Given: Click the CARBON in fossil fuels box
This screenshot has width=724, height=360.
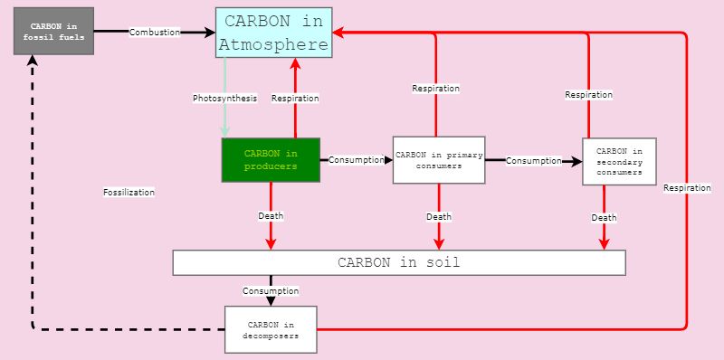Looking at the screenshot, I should click(52, 32).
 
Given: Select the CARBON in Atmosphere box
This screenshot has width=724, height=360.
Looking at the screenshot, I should click(273, 33).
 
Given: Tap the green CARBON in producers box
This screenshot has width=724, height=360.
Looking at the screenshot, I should click(271, 160).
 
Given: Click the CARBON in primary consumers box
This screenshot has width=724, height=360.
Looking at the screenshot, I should click(438, 160).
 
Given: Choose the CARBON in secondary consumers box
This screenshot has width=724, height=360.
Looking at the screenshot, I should click(619, 161).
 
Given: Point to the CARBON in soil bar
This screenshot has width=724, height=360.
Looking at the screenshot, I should click(399, 262).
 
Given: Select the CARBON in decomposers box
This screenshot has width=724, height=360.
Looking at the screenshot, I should click(271, 329).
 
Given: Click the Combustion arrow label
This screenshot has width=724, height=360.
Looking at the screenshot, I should click(155, 33).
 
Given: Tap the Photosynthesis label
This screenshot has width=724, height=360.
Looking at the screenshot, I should click(224, 98).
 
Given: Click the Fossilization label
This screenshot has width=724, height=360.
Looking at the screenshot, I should click(129, 192).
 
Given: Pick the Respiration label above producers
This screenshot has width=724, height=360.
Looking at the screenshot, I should click(295, 98).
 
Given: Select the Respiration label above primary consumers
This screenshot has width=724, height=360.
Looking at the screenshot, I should click(435, 89).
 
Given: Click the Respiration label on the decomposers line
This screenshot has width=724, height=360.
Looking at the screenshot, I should click(687, 188).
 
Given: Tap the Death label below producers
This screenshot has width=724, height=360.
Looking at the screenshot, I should click(271, 216).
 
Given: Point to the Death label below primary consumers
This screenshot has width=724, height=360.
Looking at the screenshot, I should click(439, 216).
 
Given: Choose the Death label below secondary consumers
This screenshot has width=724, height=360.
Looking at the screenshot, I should click(604, 217).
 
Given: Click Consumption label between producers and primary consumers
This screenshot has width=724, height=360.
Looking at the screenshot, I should click(357, 160).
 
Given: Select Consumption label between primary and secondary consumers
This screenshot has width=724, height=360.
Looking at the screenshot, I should click(534, 161).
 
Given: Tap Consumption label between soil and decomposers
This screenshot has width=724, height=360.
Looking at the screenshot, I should click(270, 290).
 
